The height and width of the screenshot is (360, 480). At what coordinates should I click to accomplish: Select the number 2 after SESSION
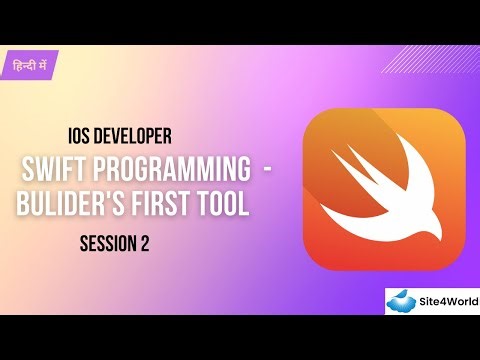[x=146, y=243]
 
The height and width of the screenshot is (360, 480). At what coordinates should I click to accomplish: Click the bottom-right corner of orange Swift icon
[x=455, y=261]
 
